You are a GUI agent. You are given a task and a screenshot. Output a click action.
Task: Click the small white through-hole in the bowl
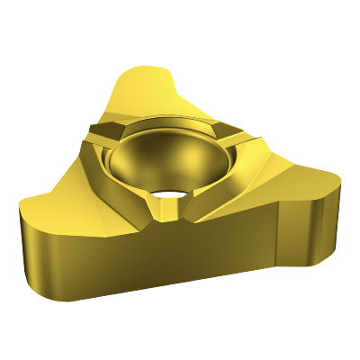coord(167,192)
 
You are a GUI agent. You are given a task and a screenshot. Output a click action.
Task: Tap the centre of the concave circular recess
coord(166,162)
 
